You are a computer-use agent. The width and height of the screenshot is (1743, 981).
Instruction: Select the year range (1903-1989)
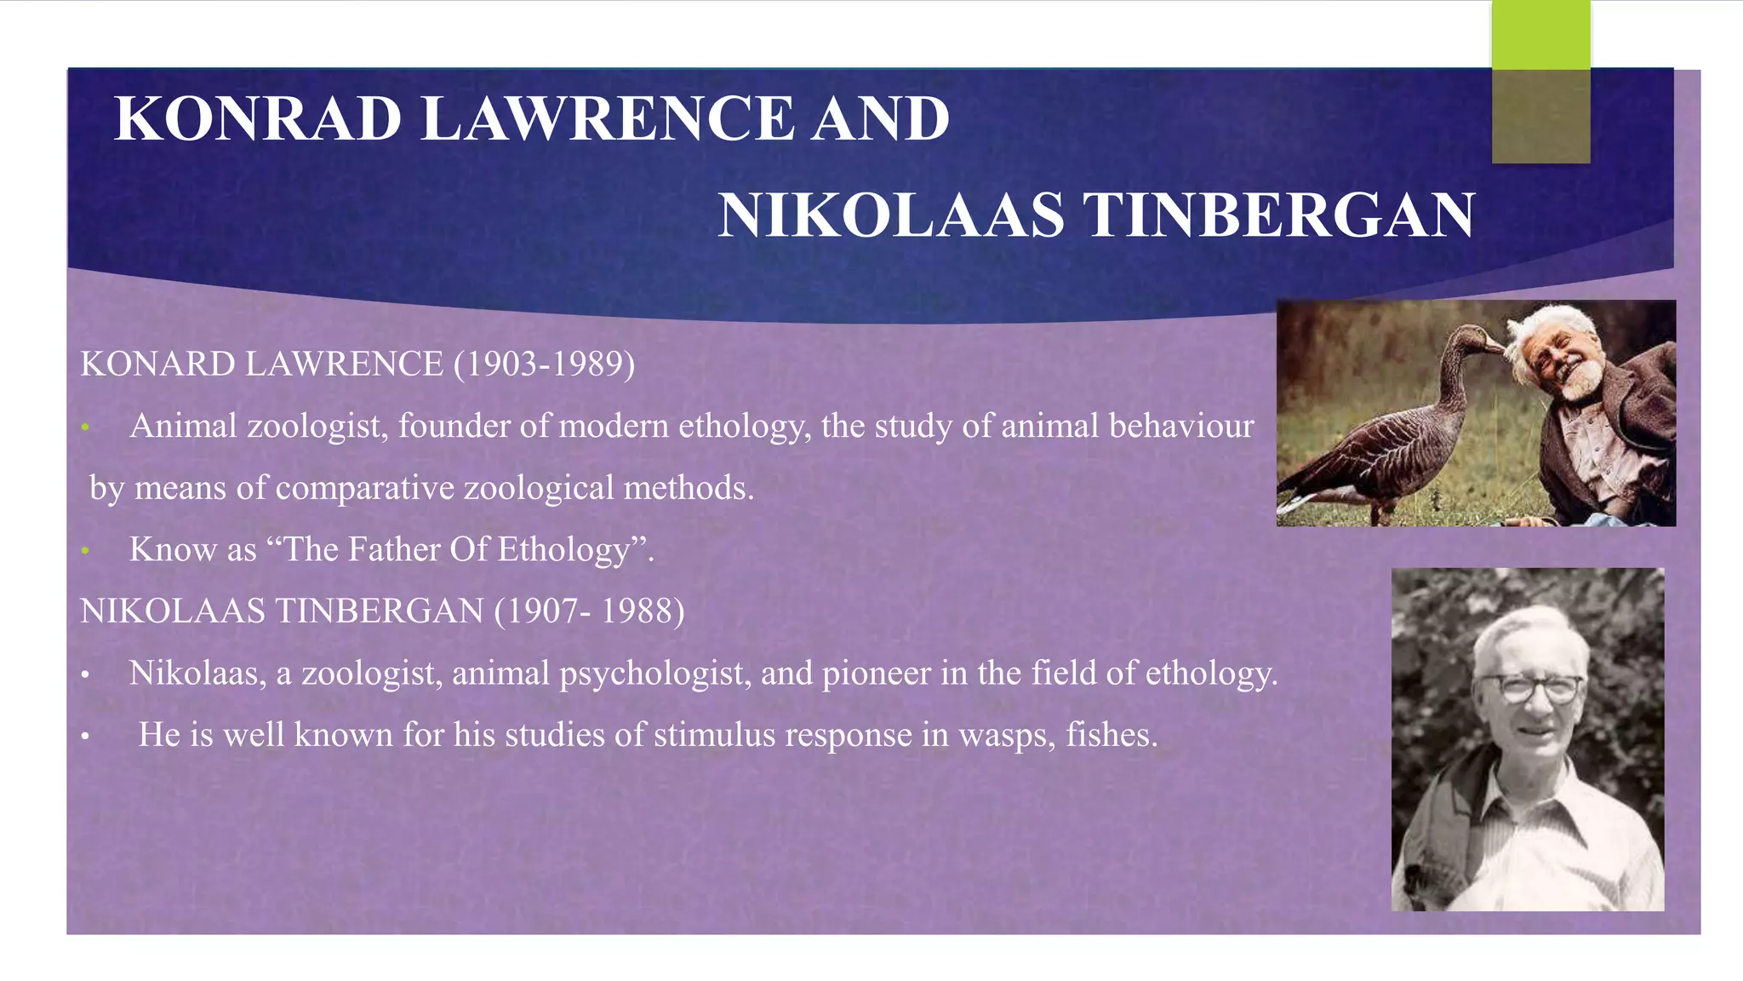tap(544, 364)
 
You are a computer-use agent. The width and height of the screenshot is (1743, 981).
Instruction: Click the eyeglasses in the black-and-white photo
tap(1529, 686)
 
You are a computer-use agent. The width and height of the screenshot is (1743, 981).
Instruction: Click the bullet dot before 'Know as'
tap(85, 551)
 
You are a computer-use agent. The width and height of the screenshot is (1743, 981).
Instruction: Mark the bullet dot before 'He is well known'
tap(85, 736)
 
